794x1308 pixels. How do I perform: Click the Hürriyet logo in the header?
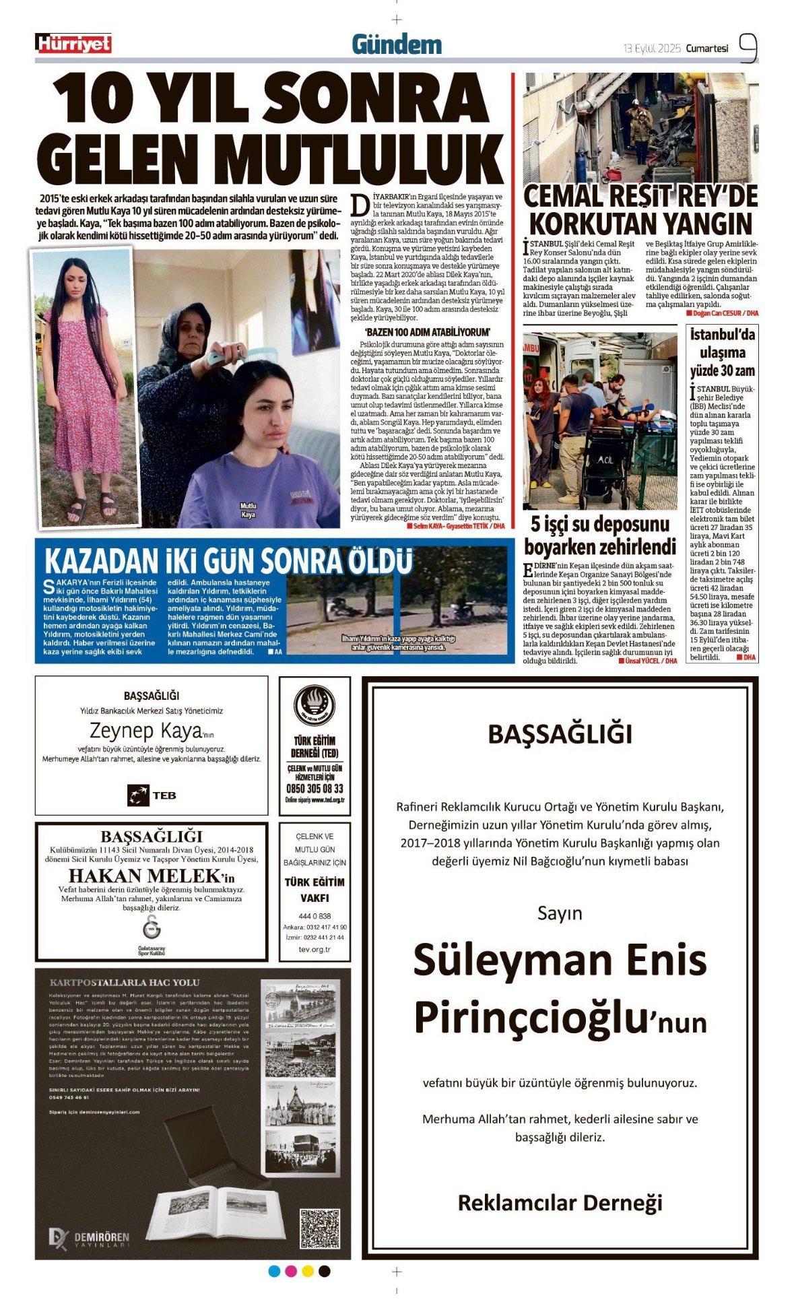[x=73, y=44]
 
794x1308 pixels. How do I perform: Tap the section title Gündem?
[x=397, y=45]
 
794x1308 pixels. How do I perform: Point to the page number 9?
[x=748, y=48]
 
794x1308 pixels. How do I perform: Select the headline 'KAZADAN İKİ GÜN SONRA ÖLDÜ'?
[x=228, y=561]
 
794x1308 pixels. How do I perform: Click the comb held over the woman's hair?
[x=222, y=356]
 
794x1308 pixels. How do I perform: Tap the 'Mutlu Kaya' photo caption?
[x=249, y=510]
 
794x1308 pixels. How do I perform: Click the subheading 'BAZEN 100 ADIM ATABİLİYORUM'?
[x=427, y=332]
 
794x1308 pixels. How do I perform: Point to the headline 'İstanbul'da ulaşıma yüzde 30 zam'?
[x=722, y=352]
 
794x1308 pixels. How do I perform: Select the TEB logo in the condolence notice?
[x=152, y=795]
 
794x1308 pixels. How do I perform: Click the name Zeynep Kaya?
[x=145, y=731]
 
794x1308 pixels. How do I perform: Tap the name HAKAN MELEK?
[x=145, y=876]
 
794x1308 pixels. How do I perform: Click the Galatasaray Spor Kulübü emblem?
[x=152, y=927]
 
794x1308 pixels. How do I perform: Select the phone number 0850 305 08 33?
[x=315, y=789]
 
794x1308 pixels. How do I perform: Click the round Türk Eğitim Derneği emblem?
[x=315, y=706]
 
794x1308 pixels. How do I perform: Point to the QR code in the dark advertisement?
[x=319, y=1229]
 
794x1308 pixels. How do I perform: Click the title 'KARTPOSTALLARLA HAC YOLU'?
[x=125, y=983]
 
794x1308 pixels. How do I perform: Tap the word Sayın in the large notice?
[x=560, y=914]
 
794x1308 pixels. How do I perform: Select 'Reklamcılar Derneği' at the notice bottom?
[x=560, y=1202]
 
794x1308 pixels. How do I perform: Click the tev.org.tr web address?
[x=315, y=949]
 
